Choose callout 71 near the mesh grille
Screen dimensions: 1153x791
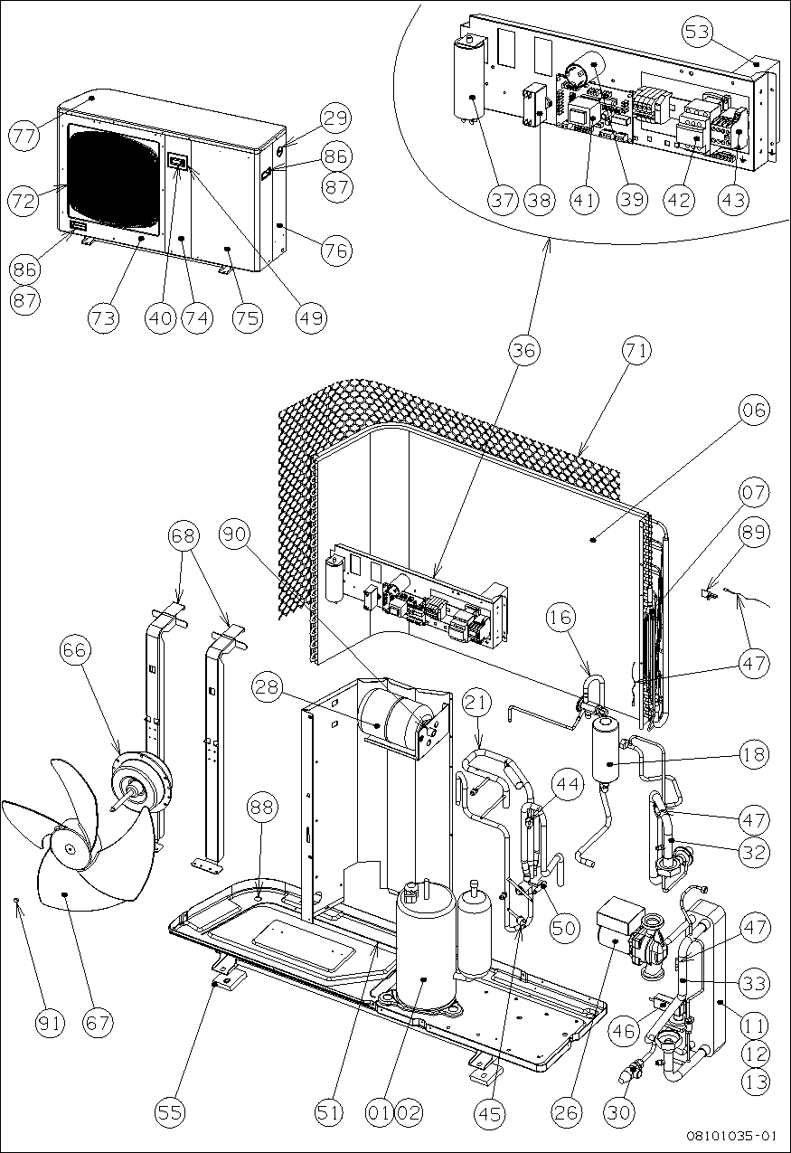point(636,351)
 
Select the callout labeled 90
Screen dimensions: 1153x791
point(237,535)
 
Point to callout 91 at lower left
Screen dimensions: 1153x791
point(51,1023)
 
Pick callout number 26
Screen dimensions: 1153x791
point(567,1111)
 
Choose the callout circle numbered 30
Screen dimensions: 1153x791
point(619,1111)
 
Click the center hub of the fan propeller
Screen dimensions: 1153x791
point(71,849)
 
